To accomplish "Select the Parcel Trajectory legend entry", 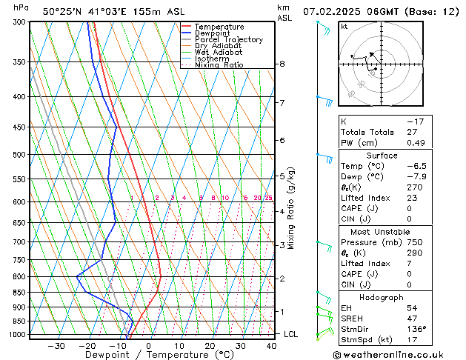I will click(228, 39).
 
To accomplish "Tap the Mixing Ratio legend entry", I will click(219, 64).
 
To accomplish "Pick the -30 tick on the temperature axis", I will click(56, 346).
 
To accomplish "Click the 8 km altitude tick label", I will click(282, 64).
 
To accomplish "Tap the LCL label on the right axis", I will click(292, 334).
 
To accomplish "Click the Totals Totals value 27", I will click(412, 132).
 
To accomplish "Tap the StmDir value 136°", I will click(417, 329).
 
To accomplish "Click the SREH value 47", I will click(413, 319).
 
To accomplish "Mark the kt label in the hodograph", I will click(344, 26).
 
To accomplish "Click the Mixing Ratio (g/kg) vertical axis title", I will click(290, 207).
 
